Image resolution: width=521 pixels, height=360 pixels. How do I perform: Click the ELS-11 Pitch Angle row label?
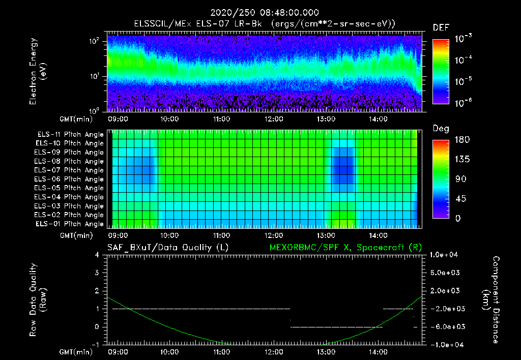click(x=70, y=134)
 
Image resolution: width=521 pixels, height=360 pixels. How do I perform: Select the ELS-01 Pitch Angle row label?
click(x=70, y=224)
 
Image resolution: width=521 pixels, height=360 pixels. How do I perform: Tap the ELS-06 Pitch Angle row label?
click(x=70, y=179)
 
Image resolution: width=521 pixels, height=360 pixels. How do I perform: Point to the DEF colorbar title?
click(x=441, y=28)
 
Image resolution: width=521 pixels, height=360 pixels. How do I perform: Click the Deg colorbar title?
click(x=441, y=129)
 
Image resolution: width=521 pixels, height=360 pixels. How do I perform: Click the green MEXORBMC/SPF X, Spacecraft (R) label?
click(x=345, y=247)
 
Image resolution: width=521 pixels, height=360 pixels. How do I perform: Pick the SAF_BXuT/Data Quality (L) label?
click(x=167, y=247)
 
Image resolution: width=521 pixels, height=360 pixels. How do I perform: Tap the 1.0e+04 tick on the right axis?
click(x=445, y=255)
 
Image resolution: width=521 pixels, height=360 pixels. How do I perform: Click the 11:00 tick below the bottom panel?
click(x=221, y=351)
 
